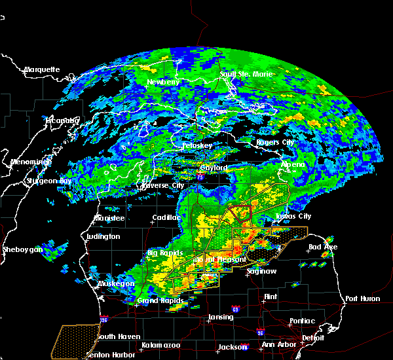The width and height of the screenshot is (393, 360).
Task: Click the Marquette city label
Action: click(42, 69)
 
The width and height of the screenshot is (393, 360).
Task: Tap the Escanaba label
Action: click(62, 120)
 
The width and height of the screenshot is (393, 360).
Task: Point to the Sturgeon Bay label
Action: click(47, 181)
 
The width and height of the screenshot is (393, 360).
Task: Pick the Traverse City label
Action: click(160, 185)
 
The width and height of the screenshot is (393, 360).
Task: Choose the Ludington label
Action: click(103, 236)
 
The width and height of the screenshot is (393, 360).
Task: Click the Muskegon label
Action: click(117, 283)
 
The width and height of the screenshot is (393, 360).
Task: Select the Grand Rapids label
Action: click(160, 301)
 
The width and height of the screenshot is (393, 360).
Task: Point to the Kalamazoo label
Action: click(160, 345)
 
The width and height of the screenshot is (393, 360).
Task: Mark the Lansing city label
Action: click(221, 317)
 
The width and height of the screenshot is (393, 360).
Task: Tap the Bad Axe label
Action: click(323, 247)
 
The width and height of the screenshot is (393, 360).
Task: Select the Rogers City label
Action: click(274, 143)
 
